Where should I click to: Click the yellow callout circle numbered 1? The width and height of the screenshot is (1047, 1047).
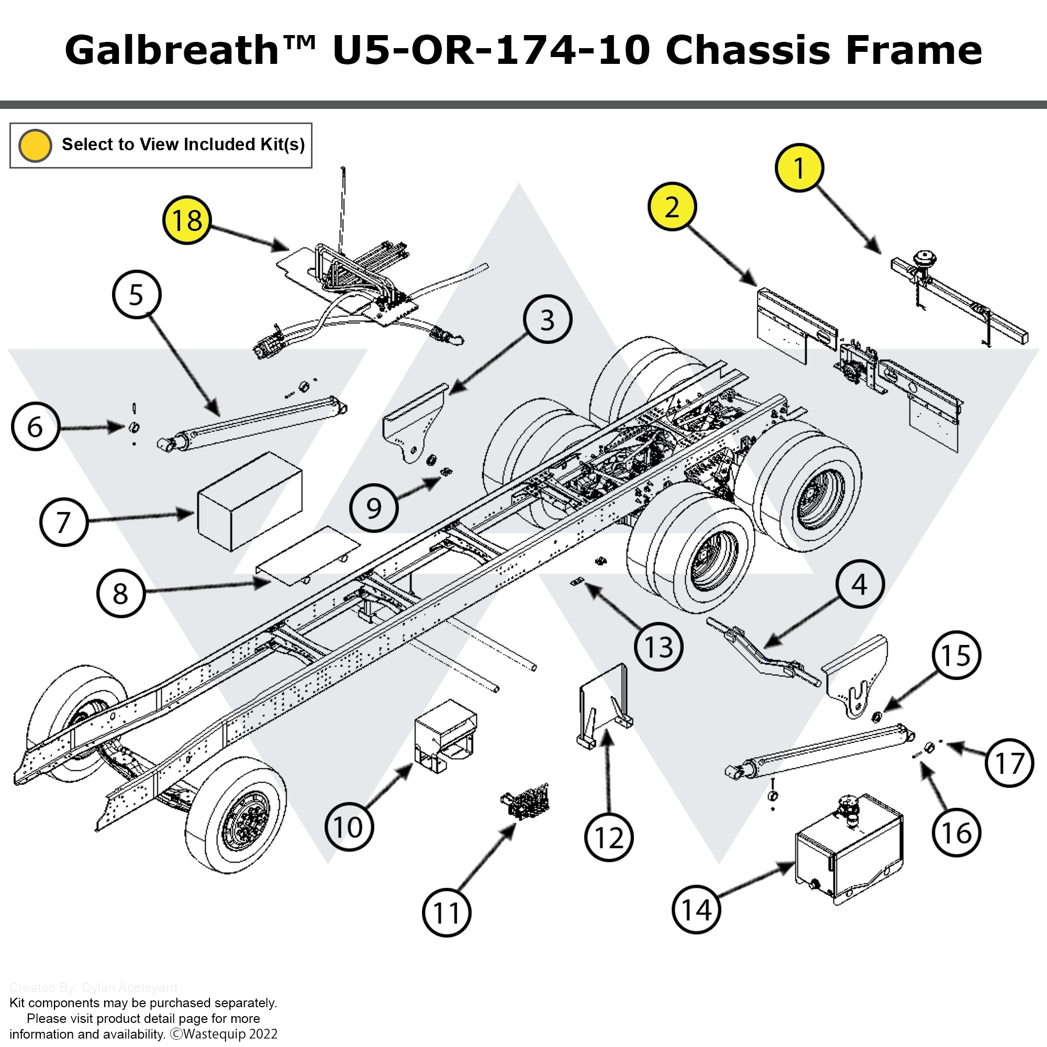(799, 168)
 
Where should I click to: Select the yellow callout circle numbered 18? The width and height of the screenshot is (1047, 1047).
(187, 220)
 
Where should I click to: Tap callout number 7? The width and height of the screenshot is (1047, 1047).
(64, 522)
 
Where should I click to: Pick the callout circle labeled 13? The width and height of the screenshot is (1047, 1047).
(659, 647)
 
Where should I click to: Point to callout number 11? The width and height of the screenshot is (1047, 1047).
(447, 912)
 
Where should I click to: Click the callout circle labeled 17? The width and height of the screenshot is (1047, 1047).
(1010, 763)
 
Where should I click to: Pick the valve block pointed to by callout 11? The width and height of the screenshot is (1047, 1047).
(525, 801)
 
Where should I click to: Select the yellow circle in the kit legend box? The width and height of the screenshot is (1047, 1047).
(35, 145)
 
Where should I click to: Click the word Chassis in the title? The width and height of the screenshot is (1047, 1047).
(748, 50)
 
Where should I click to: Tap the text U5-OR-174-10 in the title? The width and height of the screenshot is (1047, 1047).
(491, 50)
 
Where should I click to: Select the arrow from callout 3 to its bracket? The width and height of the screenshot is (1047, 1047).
(488, 363)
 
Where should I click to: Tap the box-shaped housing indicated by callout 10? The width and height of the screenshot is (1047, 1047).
(444, 734)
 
